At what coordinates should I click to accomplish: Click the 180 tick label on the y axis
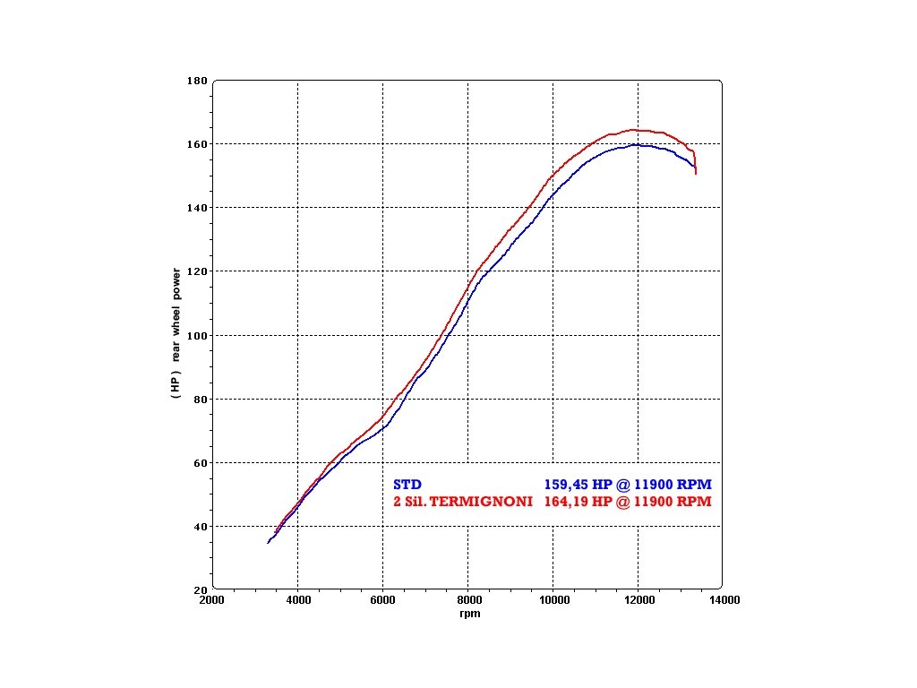coord(196,81)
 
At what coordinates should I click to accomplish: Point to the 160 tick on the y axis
coord(196,144)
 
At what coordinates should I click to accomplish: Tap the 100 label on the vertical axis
coord(196,335)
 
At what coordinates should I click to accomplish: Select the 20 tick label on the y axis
coord(200,590)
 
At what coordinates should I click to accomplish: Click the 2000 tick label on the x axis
coord(211,601)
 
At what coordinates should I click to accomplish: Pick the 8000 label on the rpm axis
coord(467,601)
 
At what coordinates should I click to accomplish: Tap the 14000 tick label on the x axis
coord(723,601)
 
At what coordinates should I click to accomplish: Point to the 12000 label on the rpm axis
coord(638,601)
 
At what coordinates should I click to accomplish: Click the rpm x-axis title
coord(469,614)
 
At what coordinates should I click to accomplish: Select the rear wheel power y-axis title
coord(176,333)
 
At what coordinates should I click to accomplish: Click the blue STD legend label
coord(407,485)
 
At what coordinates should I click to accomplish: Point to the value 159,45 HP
coord(578,485)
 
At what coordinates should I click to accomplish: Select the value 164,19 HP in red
coord(578,502)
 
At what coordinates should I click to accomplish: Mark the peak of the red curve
coord(632,130)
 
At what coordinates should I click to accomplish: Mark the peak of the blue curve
coord(636,144)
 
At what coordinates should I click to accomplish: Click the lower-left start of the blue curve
coord(268,543)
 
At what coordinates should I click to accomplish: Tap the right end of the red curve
coord(696,173)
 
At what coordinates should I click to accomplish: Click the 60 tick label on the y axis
coord(200,463)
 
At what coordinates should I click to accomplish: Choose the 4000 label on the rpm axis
coord(297,601)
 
